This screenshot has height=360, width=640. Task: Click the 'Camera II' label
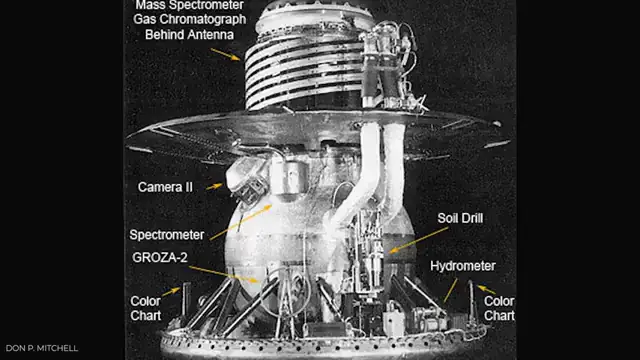(164, 187)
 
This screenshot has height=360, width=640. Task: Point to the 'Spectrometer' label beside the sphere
(169, 235)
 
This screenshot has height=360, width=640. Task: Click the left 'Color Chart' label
(146, 307)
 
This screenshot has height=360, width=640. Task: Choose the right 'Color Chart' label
(499, 307)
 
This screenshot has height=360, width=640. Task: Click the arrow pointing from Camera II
(213, 186)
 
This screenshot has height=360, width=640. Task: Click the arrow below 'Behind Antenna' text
(225, 52)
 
